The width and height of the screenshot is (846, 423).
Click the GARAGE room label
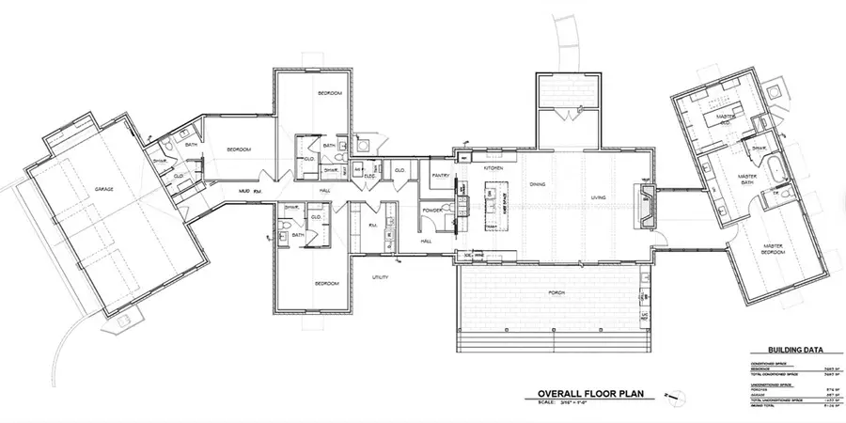tap(103, 189)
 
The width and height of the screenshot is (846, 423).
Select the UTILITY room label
tap(381, 277)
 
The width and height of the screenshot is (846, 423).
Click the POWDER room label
tap(433, 211)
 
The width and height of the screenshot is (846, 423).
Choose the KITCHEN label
tap(494, 167)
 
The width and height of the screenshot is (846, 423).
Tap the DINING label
tap(538, 184)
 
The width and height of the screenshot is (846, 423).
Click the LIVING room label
tap(599, 197)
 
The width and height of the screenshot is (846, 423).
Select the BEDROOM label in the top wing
tap(329, 93)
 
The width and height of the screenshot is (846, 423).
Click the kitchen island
tap(491, 208)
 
